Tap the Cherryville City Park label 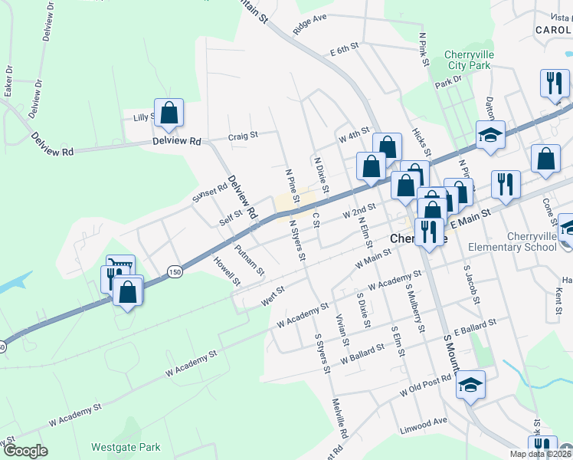(x=467, y=61)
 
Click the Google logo (x=25, y=451)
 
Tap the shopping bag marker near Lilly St (x=169, y=113)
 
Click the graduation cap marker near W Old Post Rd (x=470, y=386)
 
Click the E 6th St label (x=345, y=51)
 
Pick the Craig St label (x=243, y=136)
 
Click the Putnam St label (x=250, y=260)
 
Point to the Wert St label (x=273, y=296)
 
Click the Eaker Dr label (x=8, y=80)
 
